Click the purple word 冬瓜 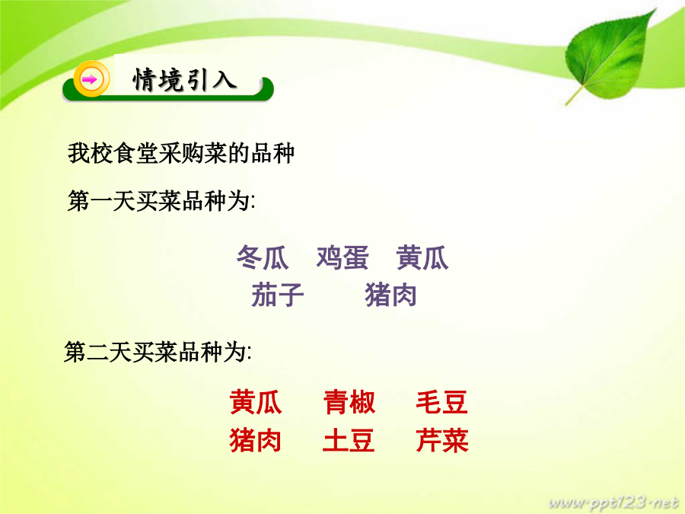point(263,257)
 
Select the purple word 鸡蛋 point(342,257)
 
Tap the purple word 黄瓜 point(422,257)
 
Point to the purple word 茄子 point(277,295)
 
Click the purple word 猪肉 point(390,295)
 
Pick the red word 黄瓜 point(256,402)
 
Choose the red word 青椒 point(349,402)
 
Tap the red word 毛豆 point(442,402)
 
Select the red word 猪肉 point(255,439)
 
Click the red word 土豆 point(349,439)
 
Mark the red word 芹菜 point(442,439)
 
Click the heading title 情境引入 point(185,80)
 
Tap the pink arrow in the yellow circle point(90,79)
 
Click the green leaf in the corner point(610,56)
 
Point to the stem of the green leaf point(574,96)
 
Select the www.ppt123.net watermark point(613,503)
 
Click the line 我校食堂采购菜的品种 point(181,153)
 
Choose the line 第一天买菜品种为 point(161,201)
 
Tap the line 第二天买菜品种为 point(158,352)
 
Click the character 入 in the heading point(225,80)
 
